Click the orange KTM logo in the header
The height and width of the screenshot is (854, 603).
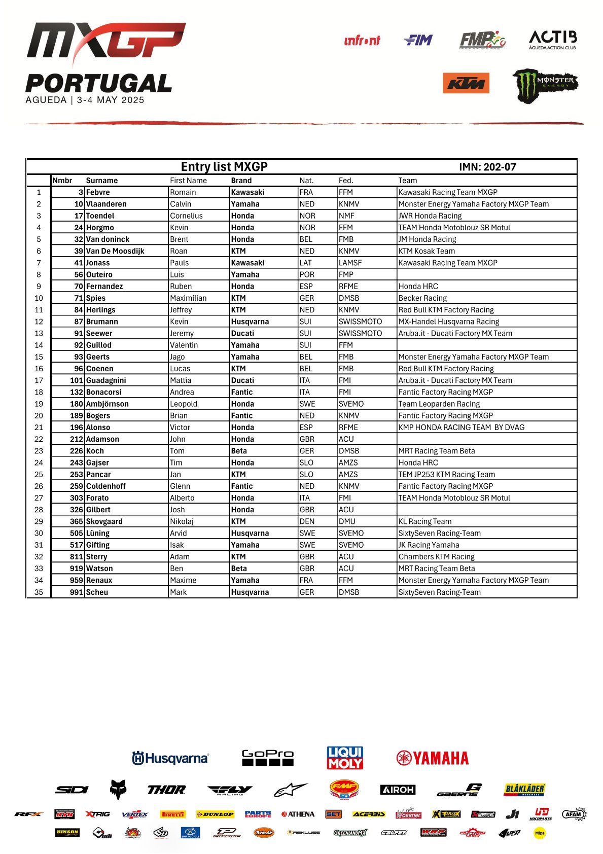tap(466, 84)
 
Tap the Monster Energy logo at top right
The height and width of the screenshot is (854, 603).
tap(545, 85)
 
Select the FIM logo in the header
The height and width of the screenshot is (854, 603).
tap(418, 40)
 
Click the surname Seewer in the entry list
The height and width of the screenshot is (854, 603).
tap(99, 333)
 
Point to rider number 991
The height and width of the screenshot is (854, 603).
tap(76, 592)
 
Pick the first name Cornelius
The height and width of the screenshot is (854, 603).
tap(186, 216)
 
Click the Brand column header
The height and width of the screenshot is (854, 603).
tap(241, 181)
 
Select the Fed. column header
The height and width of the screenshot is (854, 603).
tap(346, 181)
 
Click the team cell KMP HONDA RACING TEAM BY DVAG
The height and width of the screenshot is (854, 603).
tap(461, 427)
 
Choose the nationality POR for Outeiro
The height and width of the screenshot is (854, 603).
tap(307, 274)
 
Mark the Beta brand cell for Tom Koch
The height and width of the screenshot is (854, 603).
tap(239, 451)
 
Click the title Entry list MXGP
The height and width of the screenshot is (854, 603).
tap(224, 167)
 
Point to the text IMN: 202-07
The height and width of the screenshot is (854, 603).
tap(487, 167)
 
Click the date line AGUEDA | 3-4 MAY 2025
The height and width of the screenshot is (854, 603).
tap(85, 100)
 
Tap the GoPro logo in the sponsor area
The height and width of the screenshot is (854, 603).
tap(267, 758)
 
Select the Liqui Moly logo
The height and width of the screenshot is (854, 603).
tap(345, 758)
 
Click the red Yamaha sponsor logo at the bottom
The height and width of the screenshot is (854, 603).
tap(432, 758)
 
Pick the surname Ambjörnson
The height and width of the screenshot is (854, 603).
tap(108, 404)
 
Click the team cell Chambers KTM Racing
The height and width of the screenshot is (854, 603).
tap(436, 556)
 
